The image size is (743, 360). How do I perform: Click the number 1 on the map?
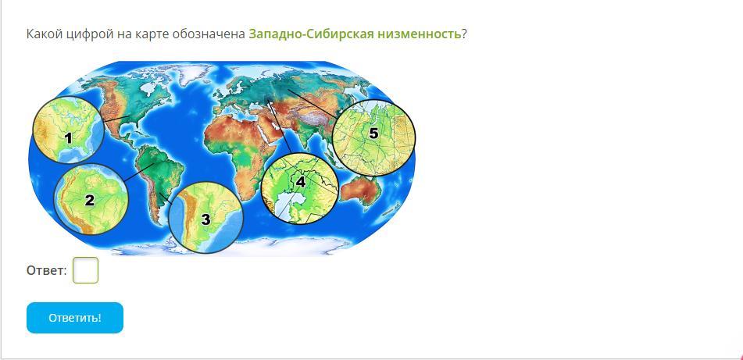pos(68,138)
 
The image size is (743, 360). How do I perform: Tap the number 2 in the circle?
pos(90,201)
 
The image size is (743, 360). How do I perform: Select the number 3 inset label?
pos(205,219)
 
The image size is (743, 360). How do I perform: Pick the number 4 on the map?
pos(301,181)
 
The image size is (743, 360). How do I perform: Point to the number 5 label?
pos(374,134)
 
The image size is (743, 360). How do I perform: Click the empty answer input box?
pos(85,270)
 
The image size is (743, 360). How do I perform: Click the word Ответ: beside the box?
pos(46,271)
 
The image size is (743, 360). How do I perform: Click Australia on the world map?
pos(361,191)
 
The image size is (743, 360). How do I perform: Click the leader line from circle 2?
pos(138,172)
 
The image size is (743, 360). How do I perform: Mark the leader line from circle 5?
pos(313,103)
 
